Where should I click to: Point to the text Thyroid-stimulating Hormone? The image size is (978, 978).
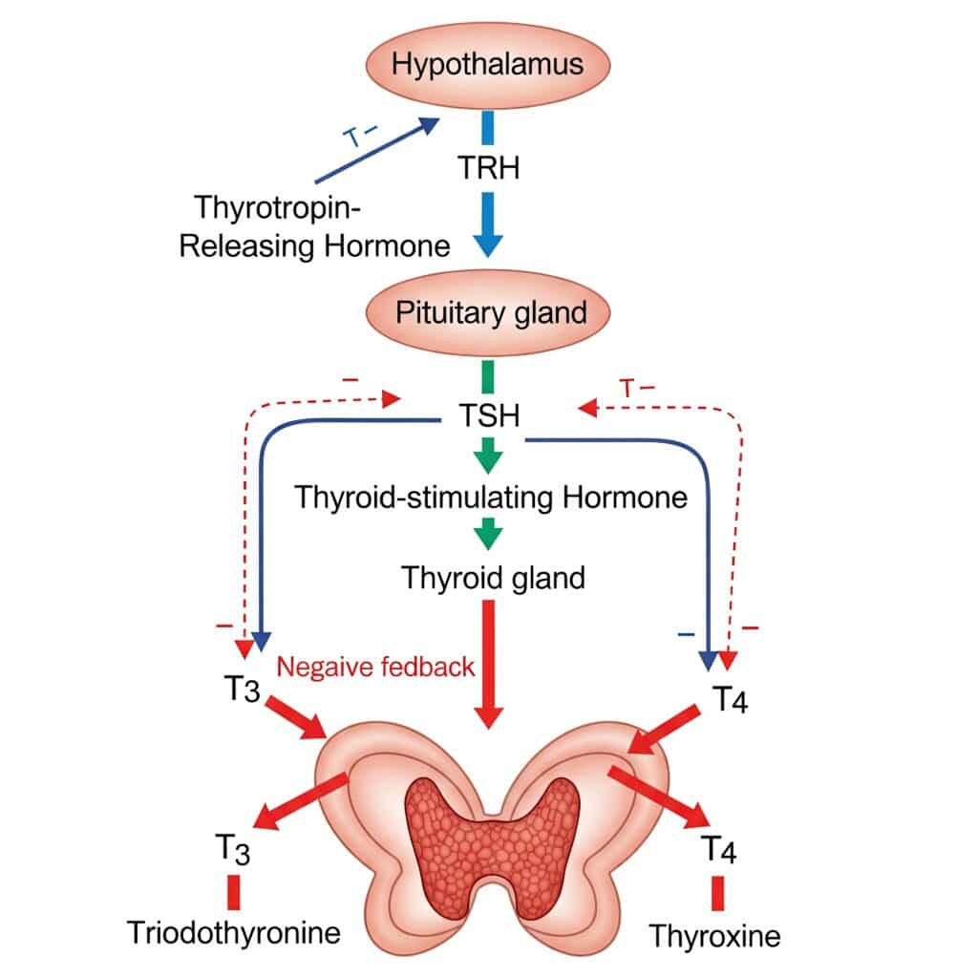[490, 498]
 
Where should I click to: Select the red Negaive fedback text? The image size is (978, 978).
[375, 666]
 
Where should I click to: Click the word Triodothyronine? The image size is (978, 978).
[234, 932]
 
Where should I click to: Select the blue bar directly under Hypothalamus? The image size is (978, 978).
[488, 128]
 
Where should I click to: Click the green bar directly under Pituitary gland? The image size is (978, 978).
[488, 375]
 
